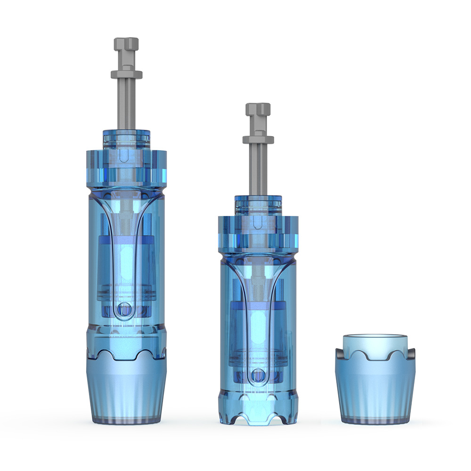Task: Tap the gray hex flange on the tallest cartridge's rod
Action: click(126, 74)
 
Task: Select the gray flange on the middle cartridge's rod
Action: click(258, 139)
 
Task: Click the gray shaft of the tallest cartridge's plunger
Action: click(126, 104)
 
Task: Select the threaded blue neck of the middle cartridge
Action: click(258, 204)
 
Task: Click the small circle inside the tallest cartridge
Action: click(124, 309)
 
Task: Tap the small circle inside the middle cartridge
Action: click(257, 375)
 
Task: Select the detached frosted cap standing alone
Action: click(375, 391)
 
